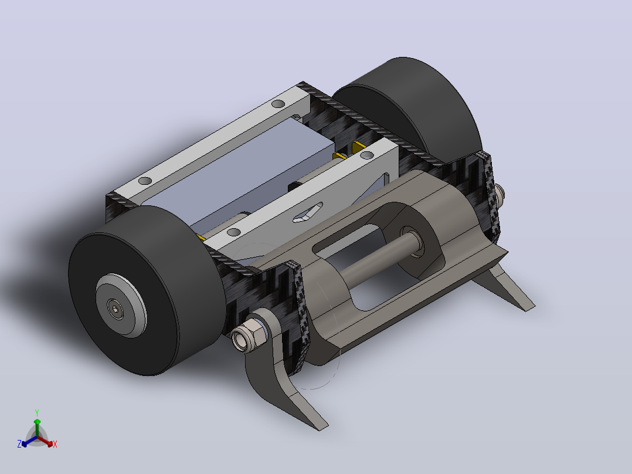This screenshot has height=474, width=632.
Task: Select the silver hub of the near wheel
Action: [x=121, y=306]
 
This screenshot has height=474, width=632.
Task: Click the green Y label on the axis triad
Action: [x=37, y=412]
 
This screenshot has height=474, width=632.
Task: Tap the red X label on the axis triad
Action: [x=55, y=444]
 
